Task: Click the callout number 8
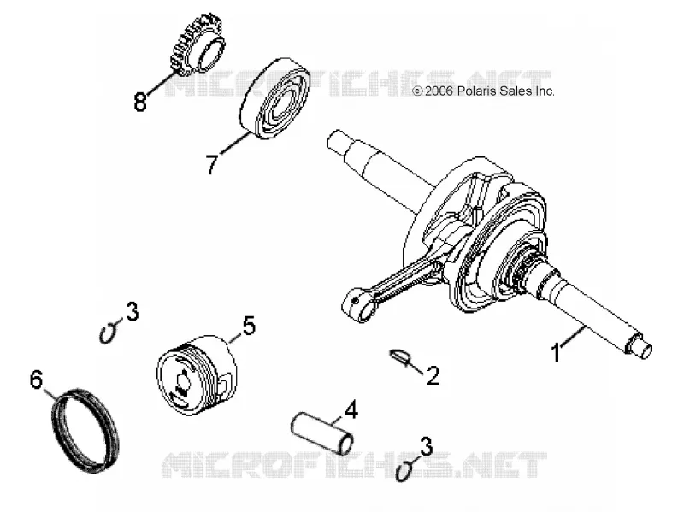(140, 103)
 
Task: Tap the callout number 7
(212, 163)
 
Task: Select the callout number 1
(556, 353)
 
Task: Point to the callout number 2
(433, 376)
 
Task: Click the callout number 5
(249, 326)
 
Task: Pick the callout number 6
(37, 380)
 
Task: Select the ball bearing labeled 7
(274, 98)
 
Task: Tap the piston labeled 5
(198, 375)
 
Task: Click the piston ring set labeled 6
(85, 430)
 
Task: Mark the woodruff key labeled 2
(400, 356)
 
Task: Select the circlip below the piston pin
(404, 471)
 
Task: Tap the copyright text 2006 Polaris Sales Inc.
(483, 91)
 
